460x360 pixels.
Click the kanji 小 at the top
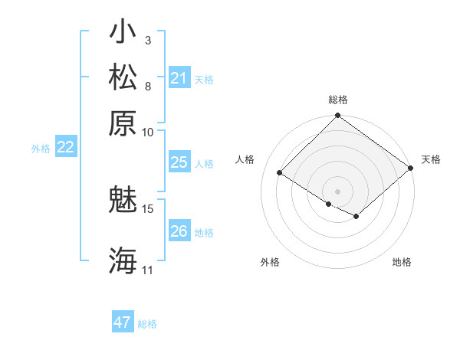[122, 35]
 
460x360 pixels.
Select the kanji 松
[122, 78]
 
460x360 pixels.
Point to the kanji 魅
[122, 201]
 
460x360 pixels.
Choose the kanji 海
[122, 260]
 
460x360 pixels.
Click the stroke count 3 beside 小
[148, 40]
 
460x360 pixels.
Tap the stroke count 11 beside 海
[148, 270]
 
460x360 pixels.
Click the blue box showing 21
[179, 78]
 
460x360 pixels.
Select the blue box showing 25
[179, 162]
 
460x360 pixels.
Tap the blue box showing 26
[179, 231]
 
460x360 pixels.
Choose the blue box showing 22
[65, 147]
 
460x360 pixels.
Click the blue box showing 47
[122, 322]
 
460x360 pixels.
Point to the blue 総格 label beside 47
[147, 324]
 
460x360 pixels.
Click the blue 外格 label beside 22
[41, 149]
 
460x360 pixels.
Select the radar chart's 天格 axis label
[431, 159]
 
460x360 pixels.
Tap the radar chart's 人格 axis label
[245, 159]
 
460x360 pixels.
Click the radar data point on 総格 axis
[337, 116]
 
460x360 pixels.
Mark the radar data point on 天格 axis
[410, 168]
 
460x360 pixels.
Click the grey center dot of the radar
[337, 190]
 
